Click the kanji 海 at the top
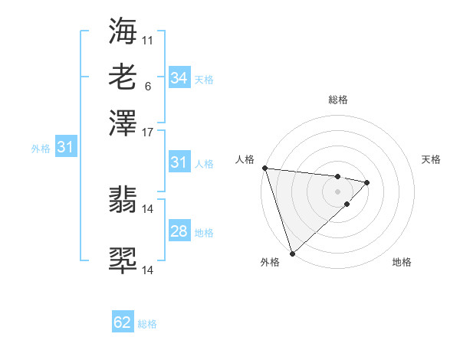pos(123,31)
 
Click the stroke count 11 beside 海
pos(148,40)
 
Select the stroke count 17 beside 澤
pos(148,131)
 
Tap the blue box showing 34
pos(179,77)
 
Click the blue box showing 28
pos(179,231)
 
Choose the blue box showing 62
pos(123,322)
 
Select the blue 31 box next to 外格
pos(65,147)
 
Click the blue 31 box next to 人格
pos(179,162)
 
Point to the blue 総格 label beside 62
pos(147,324)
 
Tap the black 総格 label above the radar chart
pos(337,100)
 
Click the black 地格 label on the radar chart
pos(402,263)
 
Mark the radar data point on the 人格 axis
pos(264,168)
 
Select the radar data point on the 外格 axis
pos(292,253)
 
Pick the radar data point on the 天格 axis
pos(367,182)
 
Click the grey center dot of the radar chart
pos(337,191)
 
